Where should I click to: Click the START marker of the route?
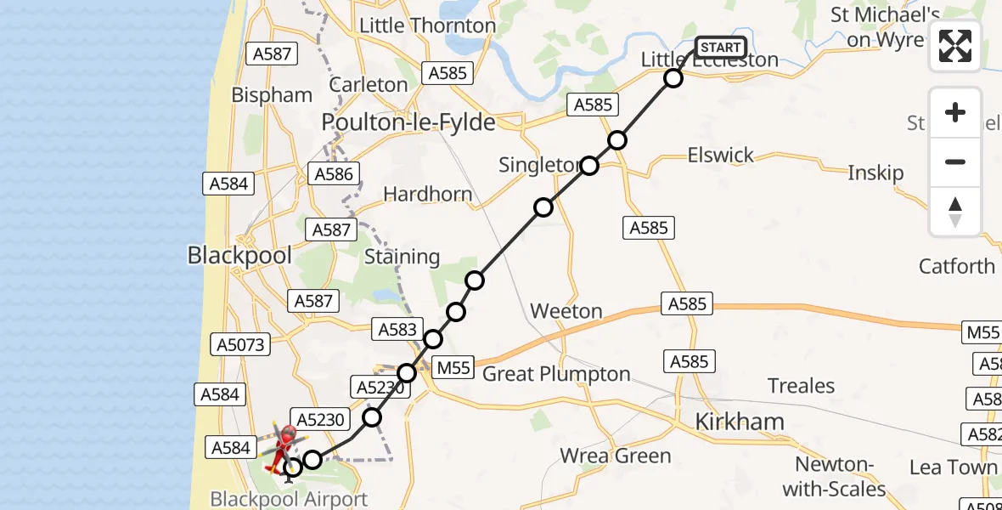pyautogui.click(x=720, y=48)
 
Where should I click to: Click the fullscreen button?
pyautogui.click(x=955, y=46)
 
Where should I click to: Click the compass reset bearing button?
pyautogui.click(x=955, y=212)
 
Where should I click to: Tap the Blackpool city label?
pyautogui.click(x=239, y=255)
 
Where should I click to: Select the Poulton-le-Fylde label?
pyautogui.click(x=408, y=123)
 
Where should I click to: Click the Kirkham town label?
pyautogui.click(x=740, y=422)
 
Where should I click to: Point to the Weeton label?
pyautogui.click(x=566, y=312)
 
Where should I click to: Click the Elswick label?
pyautogui.click(x=721, y=156)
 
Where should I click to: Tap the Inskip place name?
pyautogui.click(x=875, y=173)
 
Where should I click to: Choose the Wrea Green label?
pyautogui.click(x=615, y=456)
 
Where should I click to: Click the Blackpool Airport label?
pyautogui.click(x=289, y=499)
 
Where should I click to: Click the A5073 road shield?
pyautogui.click(x=242, y=345)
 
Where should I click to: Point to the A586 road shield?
pyautogui.click(x=334, y=174)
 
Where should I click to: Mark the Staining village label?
pyautogui.click(x=402, y=257)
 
